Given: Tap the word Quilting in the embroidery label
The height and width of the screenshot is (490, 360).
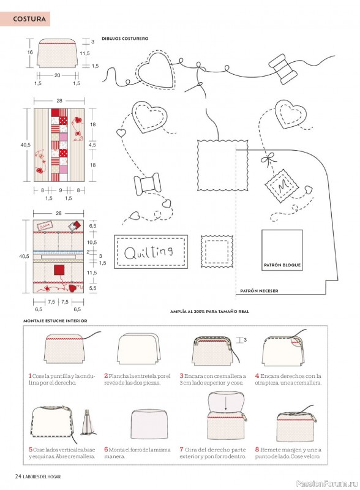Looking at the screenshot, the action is point(148,252).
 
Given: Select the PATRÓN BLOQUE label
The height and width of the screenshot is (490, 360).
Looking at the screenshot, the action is point(282,265).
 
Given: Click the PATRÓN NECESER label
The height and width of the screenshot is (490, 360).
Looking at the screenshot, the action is point(259,291).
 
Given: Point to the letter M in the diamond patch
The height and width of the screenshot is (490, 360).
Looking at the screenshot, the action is point(283,186).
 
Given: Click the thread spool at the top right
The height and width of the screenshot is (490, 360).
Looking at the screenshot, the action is point(282,69).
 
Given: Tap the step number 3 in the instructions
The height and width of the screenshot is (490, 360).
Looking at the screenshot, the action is point(181,376).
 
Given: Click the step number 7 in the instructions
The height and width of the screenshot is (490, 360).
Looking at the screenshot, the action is point(181,450).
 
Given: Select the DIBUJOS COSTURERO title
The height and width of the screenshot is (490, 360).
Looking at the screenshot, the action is point(125,39).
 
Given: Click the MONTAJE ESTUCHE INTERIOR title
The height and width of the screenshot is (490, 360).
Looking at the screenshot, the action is point(55,320).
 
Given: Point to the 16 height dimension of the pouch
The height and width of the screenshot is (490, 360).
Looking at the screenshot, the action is point(30,52).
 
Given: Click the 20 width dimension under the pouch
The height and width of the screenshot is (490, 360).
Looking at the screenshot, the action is point(58,75).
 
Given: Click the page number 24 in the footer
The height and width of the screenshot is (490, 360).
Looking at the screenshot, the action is point(18,477).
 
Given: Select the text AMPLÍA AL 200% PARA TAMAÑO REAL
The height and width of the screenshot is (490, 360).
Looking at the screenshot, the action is point(209,312).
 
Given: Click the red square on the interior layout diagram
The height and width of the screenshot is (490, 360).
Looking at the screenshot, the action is point(59,269).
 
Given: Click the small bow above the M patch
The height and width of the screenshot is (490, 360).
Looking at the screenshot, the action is point(269,159).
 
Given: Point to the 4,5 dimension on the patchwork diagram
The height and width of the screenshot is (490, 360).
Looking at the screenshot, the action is point(92,145).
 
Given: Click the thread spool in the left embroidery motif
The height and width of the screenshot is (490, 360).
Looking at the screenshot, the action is point(147,184).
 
